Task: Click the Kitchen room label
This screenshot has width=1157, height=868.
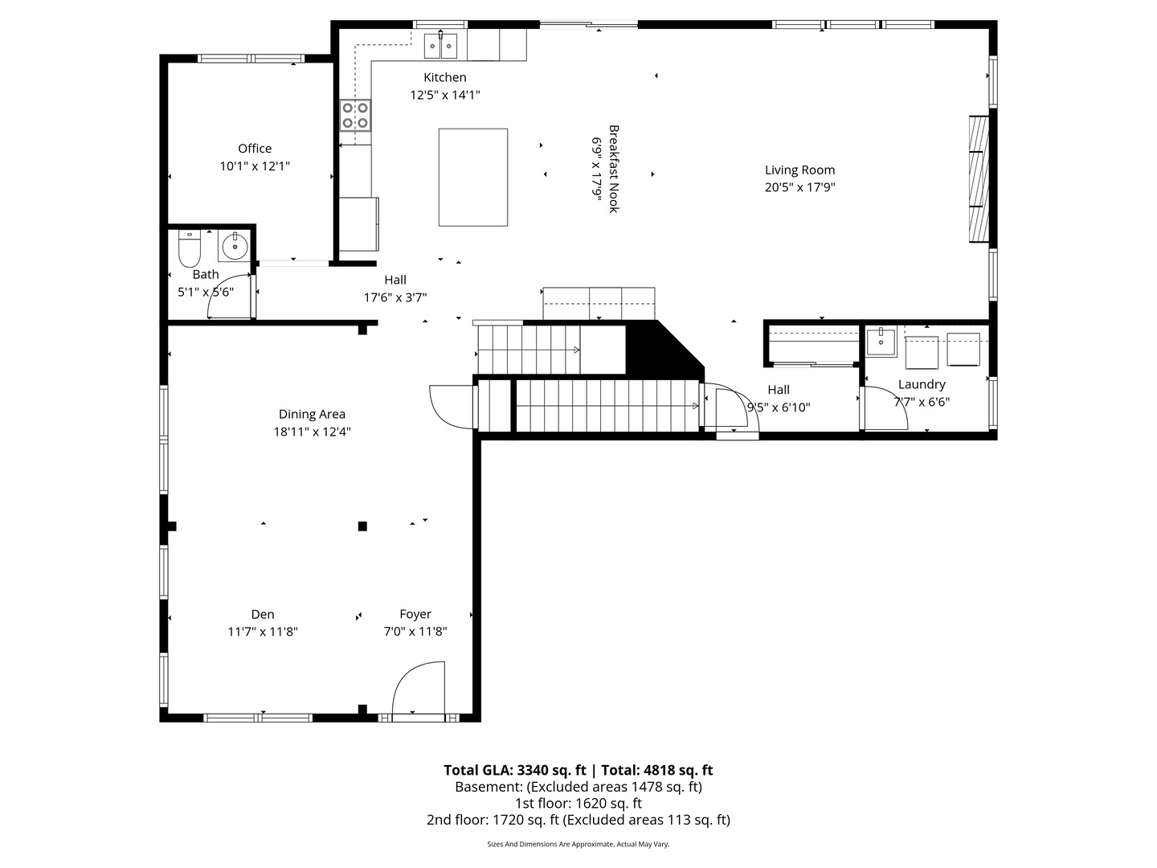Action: tap(444, 77)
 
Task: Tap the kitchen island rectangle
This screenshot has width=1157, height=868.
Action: tap(472, 177)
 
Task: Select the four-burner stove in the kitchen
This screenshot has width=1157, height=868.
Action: tap(354, 114)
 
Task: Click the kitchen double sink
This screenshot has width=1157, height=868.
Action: tap(440, 46)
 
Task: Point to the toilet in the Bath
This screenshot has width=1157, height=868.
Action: tap(189, 250)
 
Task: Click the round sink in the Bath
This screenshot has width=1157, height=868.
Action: tap(235, 246)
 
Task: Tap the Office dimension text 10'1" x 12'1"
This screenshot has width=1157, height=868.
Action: tap(255, 166)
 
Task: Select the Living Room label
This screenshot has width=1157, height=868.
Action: tap(799, 170)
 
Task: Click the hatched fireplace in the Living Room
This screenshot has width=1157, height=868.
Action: tap(978, 178)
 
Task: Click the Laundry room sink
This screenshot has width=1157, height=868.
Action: tap(881, 341)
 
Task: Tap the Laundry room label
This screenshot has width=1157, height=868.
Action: tap(922, 384)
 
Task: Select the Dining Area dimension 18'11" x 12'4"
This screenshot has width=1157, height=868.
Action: tap(312, 432)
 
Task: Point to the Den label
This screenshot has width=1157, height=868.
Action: tap(262, 614)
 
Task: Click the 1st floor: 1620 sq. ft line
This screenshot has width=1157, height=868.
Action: tap(578, 803)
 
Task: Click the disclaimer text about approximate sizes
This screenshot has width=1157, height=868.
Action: tap(578, 844)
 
